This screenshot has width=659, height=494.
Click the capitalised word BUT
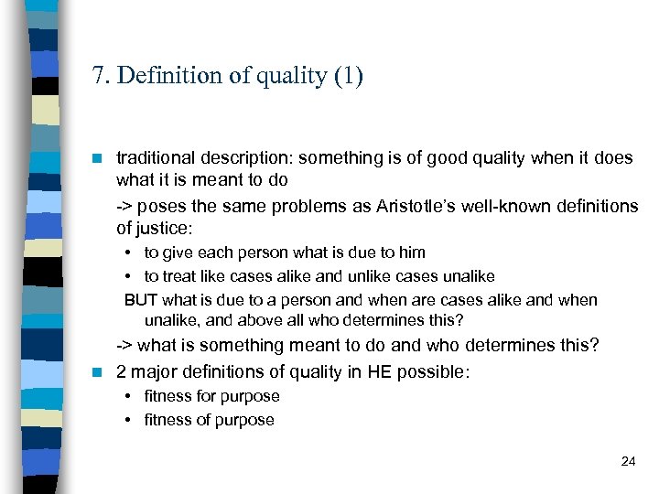tap(141, 300)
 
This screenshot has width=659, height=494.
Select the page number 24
tap(628, 461)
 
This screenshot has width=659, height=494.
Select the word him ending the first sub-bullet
tap(411, 252)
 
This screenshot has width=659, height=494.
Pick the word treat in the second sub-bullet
tap(180, 276)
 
